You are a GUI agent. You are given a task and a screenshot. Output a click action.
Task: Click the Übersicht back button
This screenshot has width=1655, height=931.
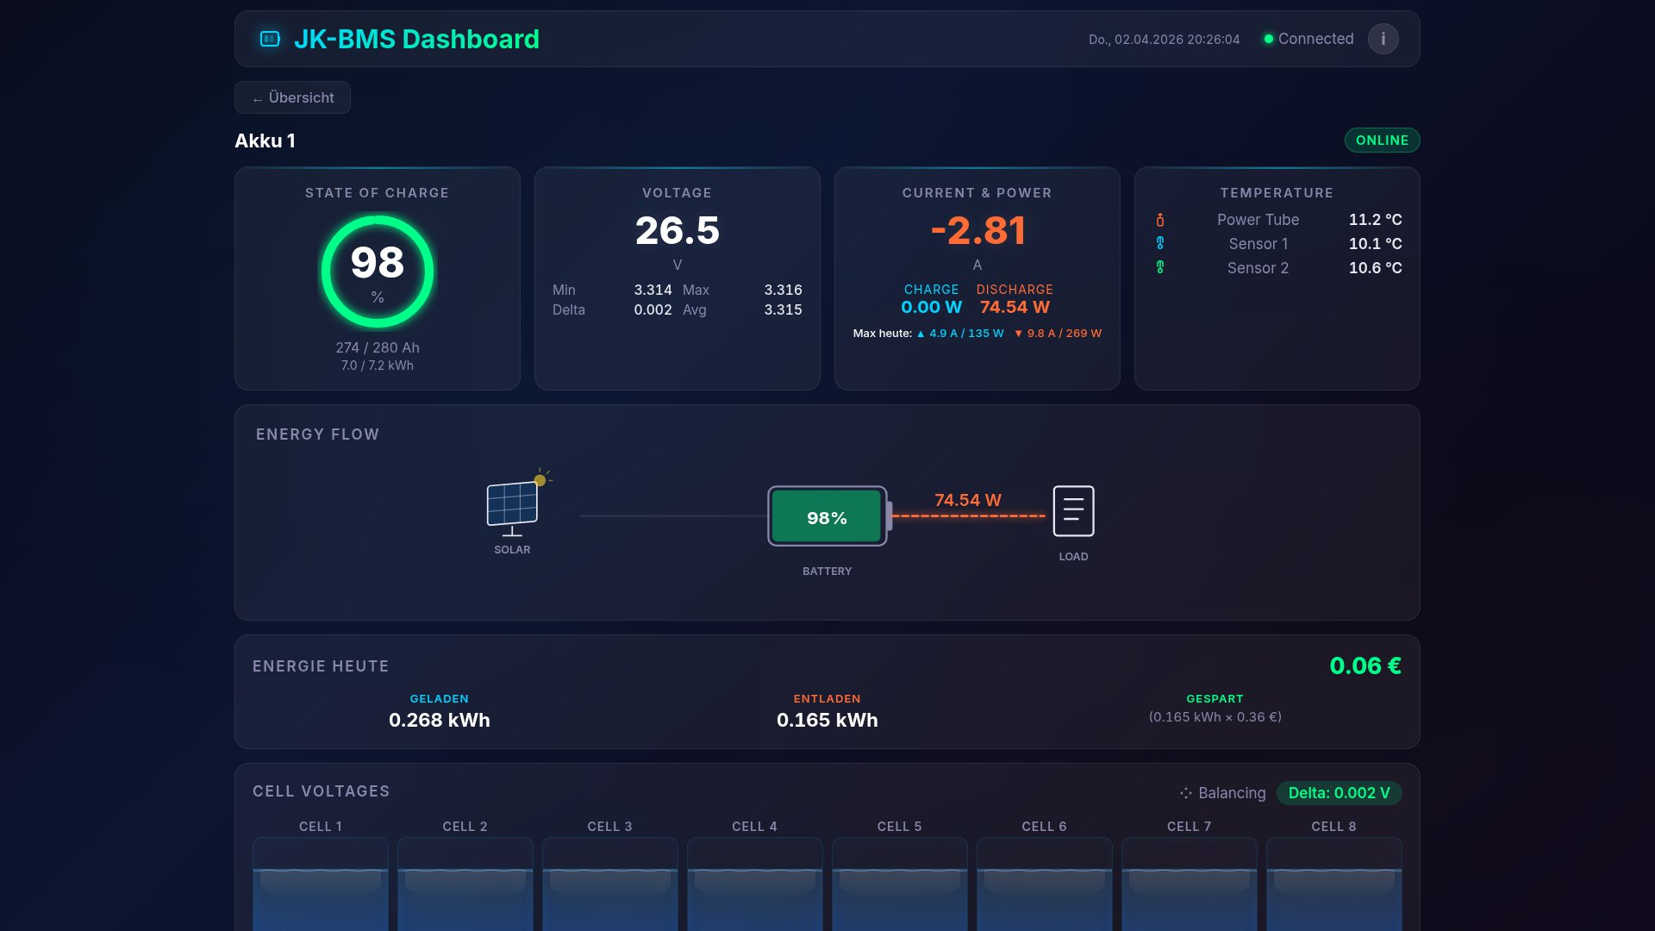(292, 97)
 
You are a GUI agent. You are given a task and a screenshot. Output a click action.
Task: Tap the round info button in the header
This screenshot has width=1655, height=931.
(1383, 39)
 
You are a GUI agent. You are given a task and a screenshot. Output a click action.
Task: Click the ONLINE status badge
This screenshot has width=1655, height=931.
(1381, 141)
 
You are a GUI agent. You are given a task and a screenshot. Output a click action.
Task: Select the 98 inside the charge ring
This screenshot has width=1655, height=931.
(377, 263)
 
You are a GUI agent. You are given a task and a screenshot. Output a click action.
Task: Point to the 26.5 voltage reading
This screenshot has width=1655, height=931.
(677, 230)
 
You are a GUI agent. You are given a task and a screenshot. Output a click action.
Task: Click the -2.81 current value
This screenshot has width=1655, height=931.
(977, 230)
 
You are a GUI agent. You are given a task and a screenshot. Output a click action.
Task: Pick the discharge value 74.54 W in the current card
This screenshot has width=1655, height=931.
(1014, 307)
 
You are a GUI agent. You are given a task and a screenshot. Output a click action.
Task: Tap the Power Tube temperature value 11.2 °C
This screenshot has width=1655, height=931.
(1374, 220)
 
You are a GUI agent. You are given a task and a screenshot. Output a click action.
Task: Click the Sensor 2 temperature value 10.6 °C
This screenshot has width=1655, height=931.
(1374, 268)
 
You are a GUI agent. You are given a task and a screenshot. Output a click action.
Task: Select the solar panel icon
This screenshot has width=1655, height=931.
(512, 505)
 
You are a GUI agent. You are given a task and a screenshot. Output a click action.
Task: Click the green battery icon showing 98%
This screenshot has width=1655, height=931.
(827, 516)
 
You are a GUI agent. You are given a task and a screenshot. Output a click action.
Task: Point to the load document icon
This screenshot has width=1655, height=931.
(1073, 511)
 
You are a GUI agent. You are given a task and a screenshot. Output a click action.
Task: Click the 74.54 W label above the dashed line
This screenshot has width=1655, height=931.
(967, 500)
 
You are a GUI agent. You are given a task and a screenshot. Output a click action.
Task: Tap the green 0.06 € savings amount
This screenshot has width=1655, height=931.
(1365, 665)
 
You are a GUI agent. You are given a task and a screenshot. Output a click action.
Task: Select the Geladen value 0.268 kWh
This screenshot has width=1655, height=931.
(439, 720)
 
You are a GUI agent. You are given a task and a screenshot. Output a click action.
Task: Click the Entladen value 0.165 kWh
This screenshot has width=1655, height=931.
(827, 720)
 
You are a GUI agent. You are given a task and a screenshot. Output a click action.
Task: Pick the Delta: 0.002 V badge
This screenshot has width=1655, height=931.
(1338, 793)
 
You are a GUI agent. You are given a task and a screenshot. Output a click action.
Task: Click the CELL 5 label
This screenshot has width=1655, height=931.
(899, 827)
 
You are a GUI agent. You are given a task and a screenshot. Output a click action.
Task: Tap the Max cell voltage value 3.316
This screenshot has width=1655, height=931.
(782, 290)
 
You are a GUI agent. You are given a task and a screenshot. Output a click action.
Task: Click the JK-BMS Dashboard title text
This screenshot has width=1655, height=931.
(416, 39)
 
